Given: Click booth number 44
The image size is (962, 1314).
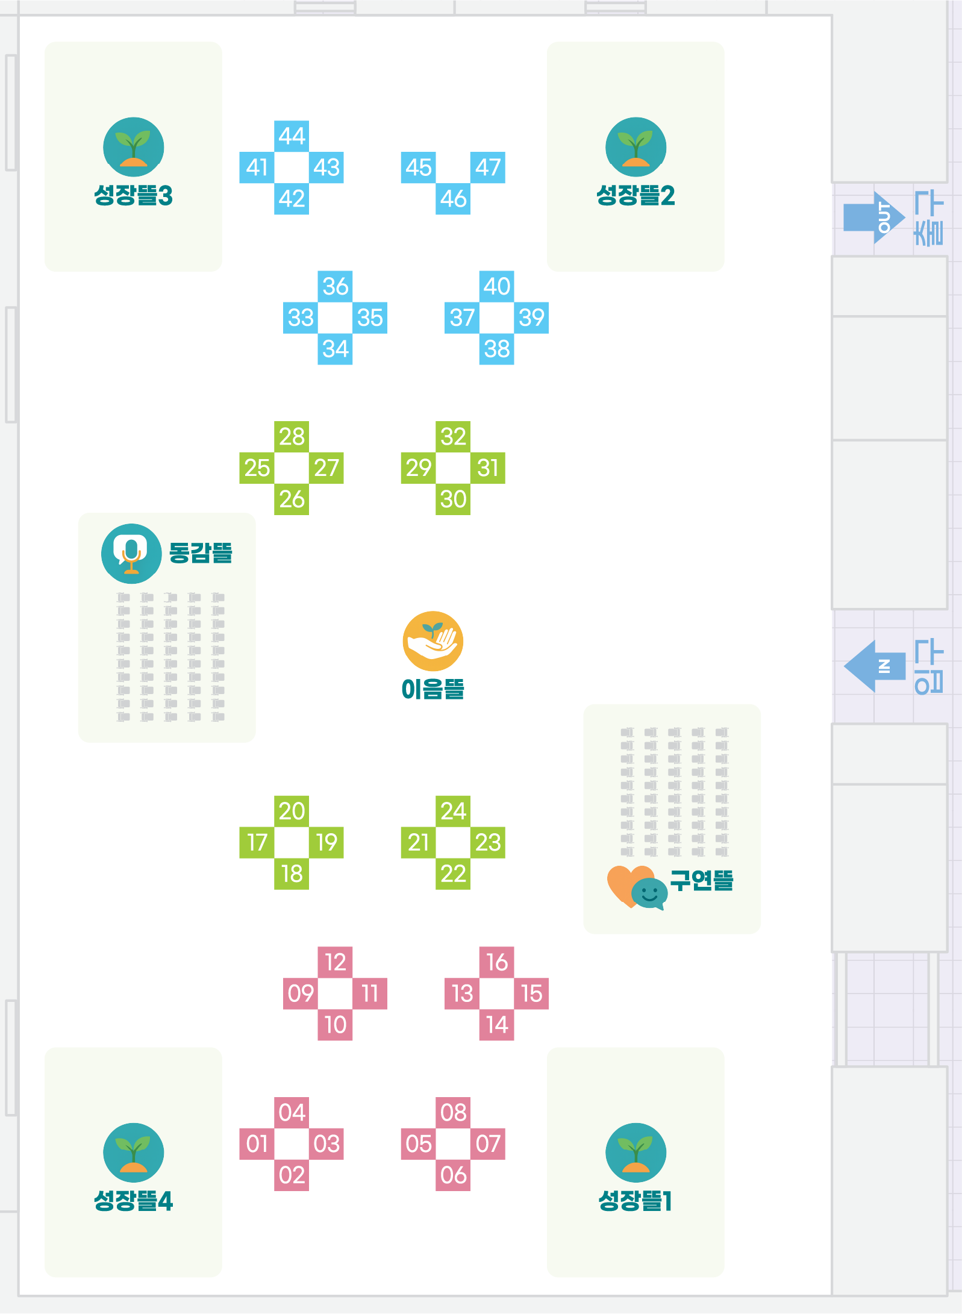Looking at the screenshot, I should pyautogui.click(x=292, y=136).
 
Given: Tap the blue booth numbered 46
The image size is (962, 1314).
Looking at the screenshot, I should pyautogui.click(x=453, y=198).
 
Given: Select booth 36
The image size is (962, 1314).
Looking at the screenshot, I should pyautogui.click(x=335, y=286).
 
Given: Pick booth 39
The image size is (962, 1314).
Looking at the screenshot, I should pyautogui.click(x=531, y=318).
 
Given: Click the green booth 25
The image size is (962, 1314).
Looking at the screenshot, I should pyautogui.click(x=257, y=468).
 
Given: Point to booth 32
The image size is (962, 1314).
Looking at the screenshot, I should pyautogui.click(x=453, y=437).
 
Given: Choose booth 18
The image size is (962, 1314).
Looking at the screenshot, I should pyautogui.click(x=292, y=874).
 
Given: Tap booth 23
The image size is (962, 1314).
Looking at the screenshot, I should pyautogui.click(x=488, y=842).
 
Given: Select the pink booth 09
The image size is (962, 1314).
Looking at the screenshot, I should pyautogui.click(x=301, y=993).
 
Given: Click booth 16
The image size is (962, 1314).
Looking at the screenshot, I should pyautogui.click(x=497, y=962).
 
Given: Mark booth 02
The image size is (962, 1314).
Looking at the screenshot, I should pyautogui.click(x=292, y=1175).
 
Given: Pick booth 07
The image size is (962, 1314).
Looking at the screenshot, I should pyautogui.click(x=488, y=1143).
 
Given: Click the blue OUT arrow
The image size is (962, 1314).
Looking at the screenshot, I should pyautogui.click(x=873, y=217).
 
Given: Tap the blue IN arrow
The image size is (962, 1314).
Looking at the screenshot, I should pyautogui.click(x=875, y=666).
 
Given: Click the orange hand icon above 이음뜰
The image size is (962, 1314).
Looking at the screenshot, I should pyautogui.click(x=433, y=641).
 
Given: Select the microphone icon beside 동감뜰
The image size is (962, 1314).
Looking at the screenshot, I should pyautogui.click(x=131, y=553).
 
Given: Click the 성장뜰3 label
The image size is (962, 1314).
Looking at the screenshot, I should pyautogui.click(x=133, y=196).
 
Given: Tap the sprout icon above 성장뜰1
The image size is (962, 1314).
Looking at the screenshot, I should pyautogui.click(x=636, y=1152).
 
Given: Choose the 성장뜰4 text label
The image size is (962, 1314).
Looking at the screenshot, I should pyautogui.click(x=133, y=1201).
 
